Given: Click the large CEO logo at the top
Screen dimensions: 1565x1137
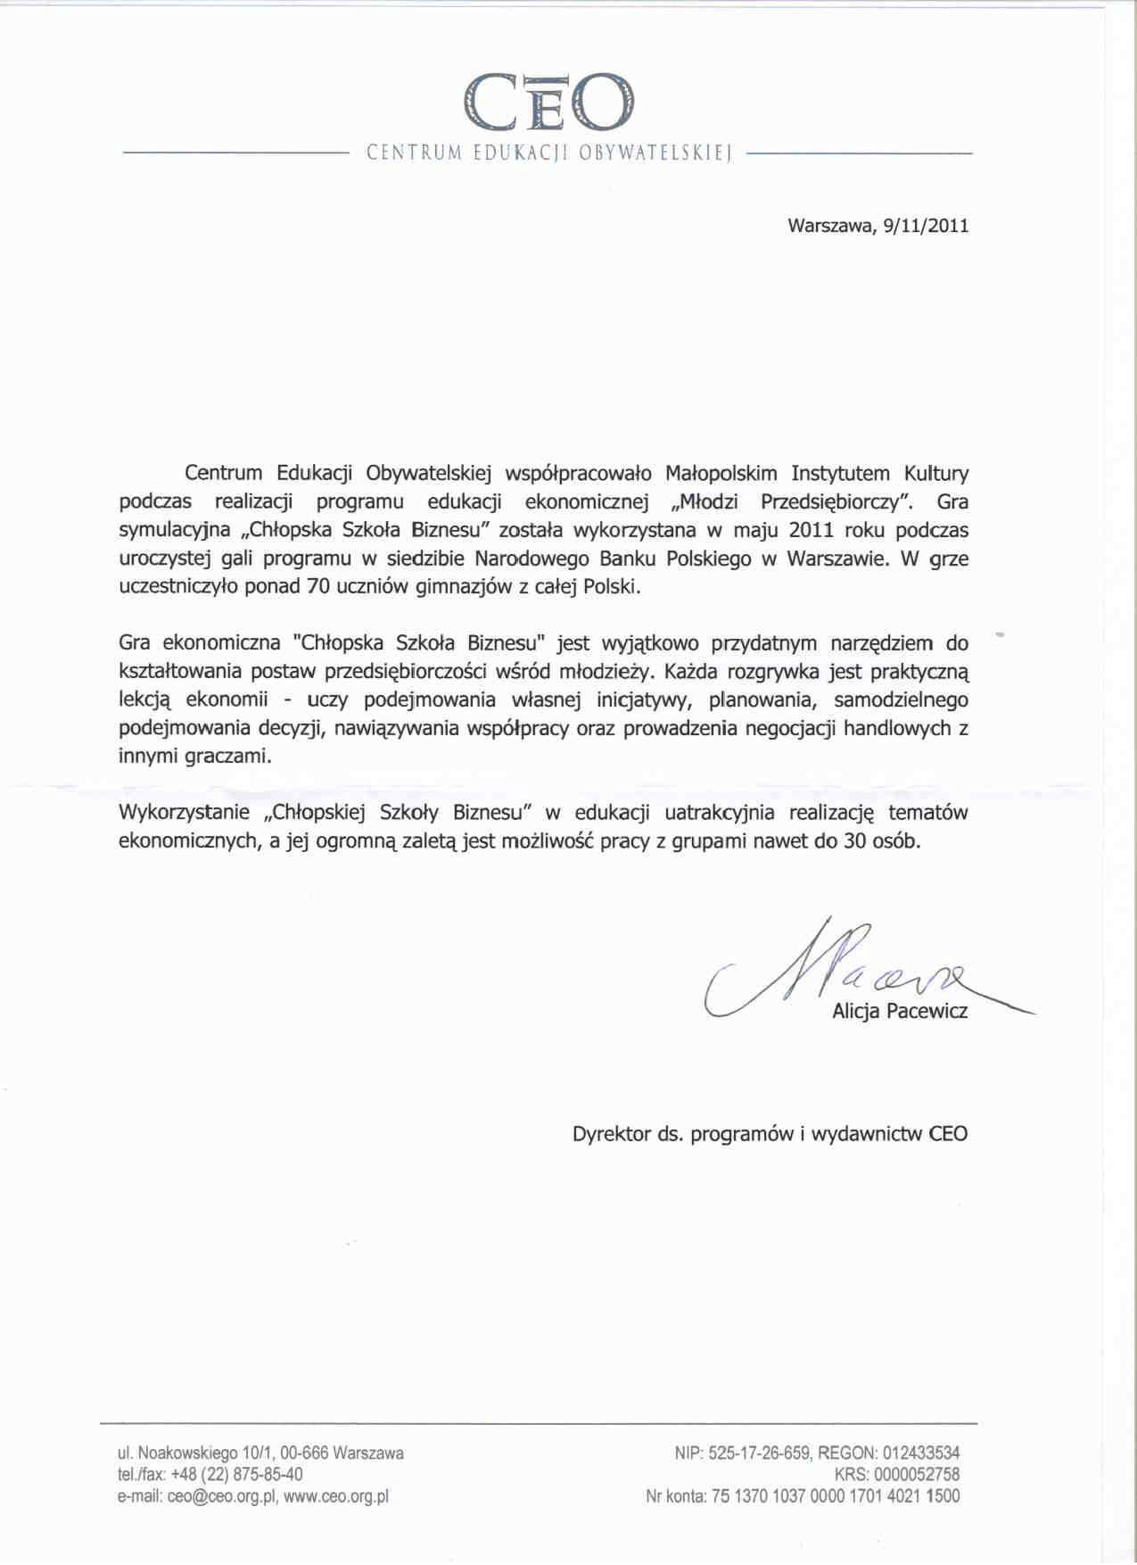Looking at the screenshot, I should click(548, 103).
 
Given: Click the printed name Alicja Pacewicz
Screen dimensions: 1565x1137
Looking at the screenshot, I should click(899, 1012).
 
